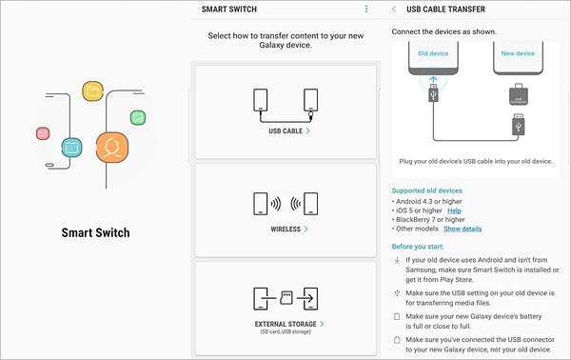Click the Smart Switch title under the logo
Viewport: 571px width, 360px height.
[95, 232]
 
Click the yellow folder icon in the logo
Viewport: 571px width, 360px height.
[92, 90]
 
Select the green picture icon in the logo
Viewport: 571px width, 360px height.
[138, 117]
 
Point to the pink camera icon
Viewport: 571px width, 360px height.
[43, 133]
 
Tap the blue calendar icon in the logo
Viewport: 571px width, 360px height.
[71, 148]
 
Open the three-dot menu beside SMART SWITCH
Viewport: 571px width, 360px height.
[365, 10]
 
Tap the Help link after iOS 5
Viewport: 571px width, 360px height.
[467, 210]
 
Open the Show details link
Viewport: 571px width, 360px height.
[463, 230]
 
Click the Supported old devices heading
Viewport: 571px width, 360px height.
[429, 190]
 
